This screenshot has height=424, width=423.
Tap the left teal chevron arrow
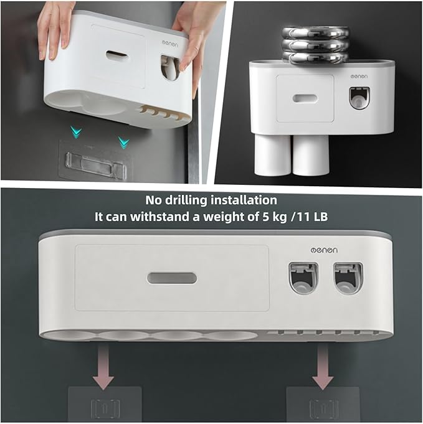(x=76, y=132)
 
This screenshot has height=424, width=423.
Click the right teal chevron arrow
(x=123, y=142)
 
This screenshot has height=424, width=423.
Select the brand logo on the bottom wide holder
(x=324, y=250)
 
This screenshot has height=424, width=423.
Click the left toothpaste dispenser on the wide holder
(x=303, y=278)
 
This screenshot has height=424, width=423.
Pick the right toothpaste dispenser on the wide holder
(x=348, y=278)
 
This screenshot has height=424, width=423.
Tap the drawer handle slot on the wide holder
(x=172, y=278)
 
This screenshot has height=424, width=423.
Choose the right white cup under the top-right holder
(x=311, y=154)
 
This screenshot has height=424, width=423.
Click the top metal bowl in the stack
(x=316, y=33)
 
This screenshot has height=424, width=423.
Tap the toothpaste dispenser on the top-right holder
(x=359, y=98)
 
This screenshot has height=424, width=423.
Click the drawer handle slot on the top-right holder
(x=305, y=98)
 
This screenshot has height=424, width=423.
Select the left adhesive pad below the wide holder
(x=105, y=403)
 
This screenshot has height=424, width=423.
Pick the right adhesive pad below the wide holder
(x=323, y=403)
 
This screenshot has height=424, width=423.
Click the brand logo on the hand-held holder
(x=170, y=43)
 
